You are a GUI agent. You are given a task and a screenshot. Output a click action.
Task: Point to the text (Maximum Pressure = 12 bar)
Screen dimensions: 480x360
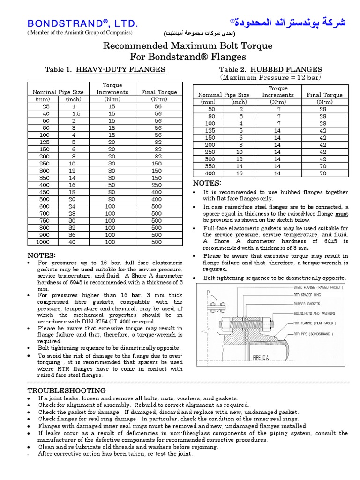[x=271, y=77]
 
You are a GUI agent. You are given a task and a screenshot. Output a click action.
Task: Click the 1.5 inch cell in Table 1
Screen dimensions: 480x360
[x=76, y=113]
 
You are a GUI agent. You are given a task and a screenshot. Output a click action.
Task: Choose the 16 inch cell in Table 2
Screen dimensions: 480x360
[x=239, y=173]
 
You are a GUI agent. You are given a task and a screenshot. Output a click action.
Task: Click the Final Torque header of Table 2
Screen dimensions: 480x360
[x=324, y=95]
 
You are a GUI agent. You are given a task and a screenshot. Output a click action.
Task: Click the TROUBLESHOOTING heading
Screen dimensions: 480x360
[x=67, y=390]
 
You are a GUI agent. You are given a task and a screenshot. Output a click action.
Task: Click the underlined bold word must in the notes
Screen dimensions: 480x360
[x=342, y=214]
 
